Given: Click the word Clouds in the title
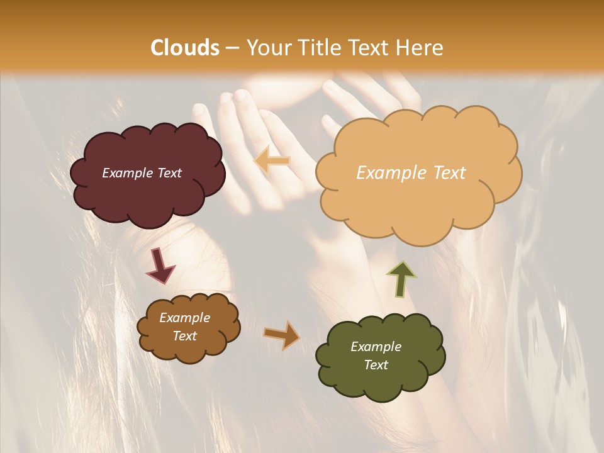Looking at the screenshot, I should tap(185, 48).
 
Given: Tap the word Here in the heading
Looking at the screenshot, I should tap(419, 48).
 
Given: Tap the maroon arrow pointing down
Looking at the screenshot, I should tap(160, 266).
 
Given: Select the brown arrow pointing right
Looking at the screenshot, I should tap(282, 335).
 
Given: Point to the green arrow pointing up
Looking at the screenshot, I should tap(401, 278).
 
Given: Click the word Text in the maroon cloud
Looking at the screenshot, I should tap(169, 173).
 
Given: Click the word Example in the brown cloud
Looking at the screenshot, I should tap(185, 318).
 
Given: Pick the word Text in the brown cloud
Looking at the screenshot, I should tap(185, 336).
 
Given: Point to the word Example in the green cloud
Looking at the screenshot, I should tap(376, 347).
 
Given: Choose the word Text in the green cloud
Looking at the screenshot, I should tap(376, 365).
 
